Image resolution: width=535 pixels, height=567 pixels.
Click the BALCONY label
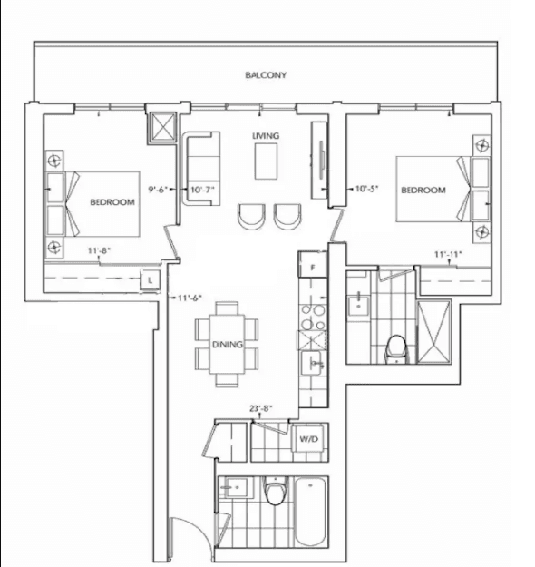[266, 75]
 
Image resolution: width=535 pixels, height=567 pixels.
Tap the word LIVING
[266, 136]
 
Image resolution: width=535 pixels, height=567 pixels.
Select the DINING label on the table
[228, 345]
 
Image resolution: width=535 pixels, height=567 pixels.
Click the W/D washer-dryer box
[308, 439]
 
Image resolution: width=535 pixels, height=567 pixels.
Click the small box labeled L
[151, 280]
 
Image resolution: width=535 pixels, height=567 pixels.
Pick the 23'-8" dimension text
[260, 408]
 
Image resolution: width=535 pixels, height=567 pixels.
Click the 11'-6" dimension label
[190, 298]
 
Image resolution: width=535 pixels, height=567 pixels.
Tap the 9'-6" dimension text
[158, 189]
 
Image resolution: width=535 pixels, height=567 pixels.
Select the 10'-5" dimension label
[367, 189]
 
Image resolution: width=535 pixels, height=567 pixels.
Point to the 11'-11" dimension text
[448, 254]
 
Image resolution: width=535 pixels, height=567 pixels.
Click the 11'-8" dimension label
[99, 250]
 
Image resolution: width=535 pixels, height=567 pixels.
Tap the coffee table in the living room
[266, 161]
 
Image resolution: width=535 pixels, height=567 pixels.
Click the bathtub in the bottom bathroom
[310, 512]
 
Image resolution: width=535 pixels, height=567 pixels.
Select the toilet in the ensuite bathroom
[396, 348]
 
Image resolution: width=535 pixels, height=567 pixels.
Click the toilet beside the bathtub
[275, 490]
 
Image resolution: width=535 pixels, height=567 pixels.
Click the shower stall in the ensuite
[433, 332]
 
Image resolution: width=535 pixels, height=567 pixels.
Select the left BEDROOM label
[112, 202]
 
